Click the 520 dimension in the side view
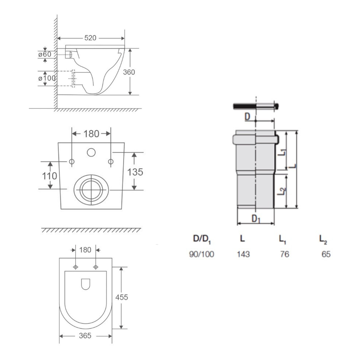[x=90, y=38]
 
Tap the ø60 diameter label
[x=45, y=54]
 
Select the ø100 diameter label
[x=47, y=78]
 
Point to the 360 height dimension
[x=129, y=72]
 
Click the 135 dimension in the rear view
[x=135, y=172]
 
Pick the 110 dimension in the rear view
[x=50, y=176]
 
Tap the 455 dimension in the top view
[x=121, y=297]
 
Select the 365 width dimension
[x=85, y=336]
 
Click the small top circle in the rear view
[x=91, y=152]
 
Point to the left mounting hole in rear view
[x=72, y=162]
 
